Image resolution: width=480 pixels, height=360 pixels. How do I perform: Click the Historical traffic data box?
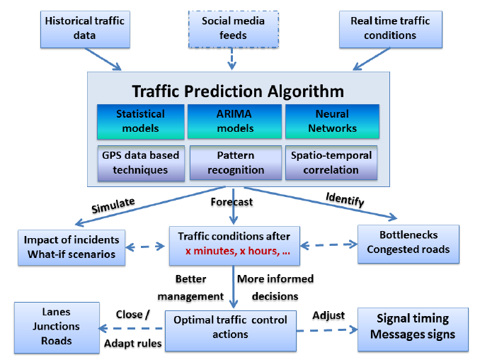point(85,30)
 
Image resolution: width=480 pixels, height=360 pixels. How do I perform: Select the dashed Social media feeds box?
point(233,30)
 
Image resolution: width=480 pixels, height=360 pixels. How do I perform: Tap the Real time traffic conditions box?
point(391,30)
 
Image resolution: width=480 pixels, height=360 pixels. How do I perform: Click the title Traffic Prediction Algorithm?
point(238,91)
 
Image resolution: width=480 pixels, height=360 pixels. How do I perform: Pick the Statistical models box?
point(141,121)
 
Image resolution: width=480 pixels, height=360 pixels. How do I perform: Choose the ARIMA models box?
point(235,121)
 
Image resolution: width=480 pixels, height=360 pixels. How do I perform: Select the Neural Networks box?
point(333,121)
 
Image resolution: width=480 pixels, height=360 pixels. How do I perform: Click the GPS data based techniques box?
point(141,163)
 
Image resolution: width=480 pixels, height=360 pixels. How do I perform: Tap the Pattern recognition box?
point(236,163)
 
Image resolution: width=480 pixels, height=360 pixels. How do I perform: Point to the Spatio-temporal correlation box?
point(331,163)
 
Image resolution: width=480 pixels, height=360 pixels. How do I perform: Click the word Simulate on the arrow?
point(113,206)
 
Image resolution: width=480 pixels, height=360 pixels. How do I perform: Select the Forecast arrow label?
point(232,202)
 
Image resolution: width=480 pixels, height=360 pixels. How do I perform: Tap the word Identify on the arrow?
point(345,199)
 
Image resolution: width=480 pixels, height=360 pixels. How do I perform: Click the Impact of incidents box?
point(72,247)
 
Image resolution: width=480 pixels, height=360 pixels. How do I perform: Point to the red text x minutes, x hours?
point(238,252)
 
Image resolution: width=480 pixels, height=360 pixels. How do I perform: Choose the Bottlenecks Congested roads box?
point(408,244)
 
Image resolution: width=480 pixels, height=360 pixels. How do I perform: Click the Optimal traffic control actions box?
point(231,331)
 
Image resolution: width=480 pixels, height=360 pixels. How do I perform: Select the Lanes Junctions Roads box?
point(57,328)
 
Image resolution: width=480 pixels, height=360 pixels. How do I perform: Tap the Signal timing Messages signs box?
point(413,330)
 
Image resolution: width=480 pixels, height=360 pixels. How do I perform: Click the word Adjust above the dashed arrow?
point(328,315)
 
